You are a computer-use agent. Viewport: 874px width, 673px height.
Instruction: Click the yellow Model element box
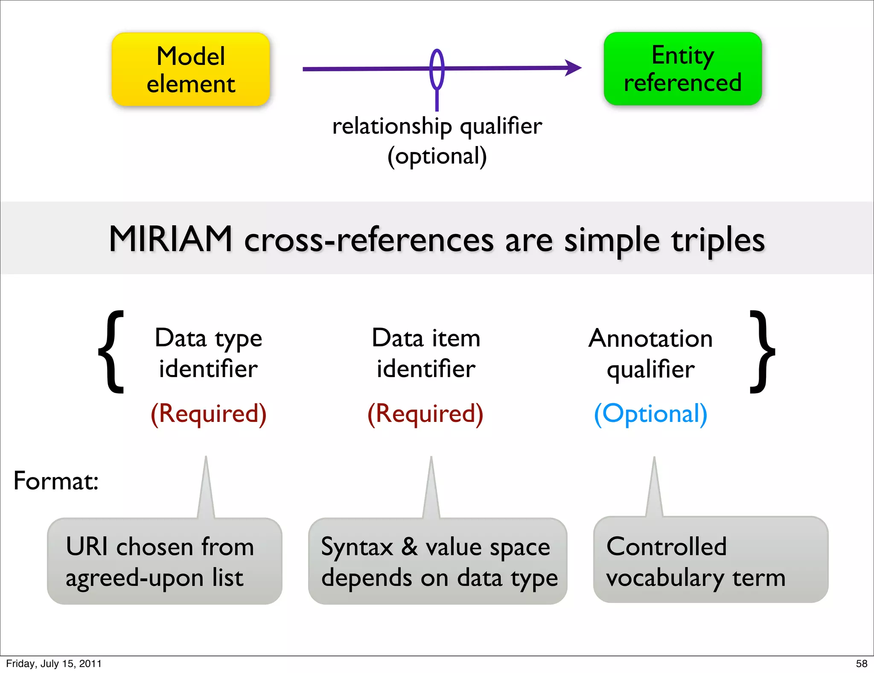click(191, 70)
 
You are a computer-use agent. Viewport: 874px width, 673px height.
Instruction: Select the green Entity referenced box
click(682, 69)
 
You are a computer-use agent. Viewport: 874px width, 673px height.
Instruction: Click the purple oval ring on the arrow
click(437, 69)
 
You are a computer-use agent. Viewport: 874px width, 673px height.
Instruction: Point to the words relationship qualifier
click(437, 126)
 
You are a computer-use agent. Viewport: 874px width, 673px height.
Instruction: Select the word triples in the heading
click(718, 240)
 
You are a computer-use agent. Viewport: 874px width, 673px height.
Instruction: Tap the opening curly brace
click(112, 352)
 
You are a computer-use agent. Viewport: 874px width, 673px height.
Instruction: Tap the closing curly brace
click(762, 352)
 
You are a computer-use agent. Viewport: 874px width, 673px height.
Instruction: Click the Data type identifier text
click(208, 353)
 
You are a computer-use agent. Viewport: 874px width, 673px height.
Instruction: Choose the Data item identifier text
click(426, 353)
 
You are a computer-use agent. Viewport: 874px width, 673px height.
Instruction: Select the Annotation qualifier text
click(650, 354)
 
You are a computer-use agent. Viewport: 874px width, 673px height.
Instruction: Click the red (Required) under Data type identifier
click(208, 413)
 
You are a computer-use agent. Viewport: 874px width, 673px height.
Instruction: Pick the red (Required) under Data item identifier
click(425, 413)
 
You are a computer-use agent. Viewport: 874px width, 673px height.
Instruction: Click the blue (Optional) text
click(650, 413)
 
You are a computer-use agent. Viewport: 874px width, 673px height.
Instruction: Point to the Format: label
click(56, 481)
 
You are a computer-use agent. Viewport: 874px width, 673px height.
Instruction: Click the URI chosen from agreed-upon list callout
click(164, 561)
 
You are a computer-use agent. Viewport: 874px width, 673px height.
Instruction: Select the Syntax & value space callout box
click(437, 561)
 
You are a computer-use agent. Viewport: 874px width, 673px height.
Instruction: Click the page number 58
click(861, 664)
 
